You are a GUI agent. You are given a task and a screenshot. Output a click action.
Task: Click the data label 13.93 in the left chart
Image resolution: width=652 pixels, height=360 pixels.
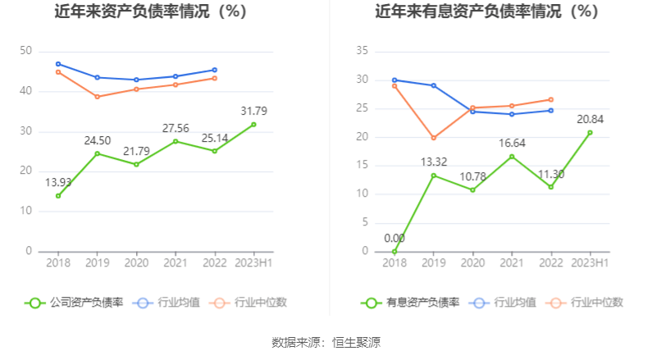tap(58, 182)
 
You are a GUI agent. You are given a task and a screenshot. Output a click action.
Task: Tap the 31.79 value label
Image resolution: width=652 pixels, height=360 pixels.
tap(253, 111)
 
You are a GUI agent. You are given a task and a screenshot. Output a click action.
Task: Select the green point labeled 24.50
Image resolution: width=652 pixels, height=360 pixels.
tap(98, 153)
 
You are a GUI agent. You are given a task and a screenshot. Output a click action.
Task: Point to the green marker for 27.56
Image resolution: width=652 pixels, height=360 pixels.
tap(176, 141)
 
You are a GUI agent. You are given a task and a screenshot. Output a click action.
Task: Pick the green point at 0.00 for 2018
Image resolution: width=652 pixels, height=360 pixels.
tap(394, 251)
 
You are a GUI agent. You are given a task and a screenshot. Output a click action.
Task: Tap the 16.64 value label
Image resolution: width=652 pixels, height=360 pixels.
tap(512, 143)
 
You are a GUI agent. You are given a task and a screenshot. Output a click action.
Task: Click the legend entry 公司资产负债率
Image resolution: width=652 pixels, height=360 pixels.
tap(75, 302)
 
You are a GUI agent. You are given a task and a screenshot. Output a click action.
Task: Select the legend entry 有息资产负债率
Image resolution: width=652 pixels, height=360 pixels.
tap(411, 302)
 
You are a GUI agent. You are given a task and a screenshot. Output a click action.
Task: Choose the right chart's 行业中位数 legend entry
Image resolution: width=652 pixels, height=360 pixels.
tap(588, 302)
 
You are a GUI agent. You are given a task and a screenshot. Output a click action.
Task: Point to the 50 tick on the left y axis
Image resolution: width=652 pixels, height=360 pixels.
tap(25, 51)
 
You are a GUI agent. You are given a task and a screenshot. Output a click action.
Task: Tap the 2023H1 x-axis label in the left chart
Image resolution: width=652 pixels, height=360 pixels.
tap(253, 263)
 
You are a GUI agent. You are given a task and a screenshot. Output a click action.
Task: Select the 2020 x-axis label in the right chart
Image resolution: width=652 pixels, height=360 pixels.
tap(472, 263)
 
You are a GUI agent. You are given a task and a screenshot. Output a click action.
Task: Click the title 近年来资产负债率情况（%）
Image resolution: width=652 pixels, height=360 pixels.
tap(151, 12)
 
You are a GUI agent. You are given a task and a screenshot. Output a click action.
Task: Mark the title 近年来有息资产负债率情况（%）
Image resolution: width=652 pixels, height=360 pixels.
tap(487, 12)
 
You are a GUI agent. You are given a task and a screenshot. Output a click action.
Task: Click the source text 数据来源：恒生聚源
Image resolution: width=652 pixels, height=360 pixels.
tap(326, 342)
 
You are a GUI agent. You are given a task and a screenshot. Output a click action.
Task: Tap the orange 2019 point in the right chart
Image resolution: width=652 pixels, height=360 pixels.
tap(434, 138)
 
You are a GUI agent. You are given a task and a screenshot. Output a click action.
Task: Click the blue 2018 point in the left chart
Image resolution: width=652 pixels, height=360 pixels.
tap(58, 63)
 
